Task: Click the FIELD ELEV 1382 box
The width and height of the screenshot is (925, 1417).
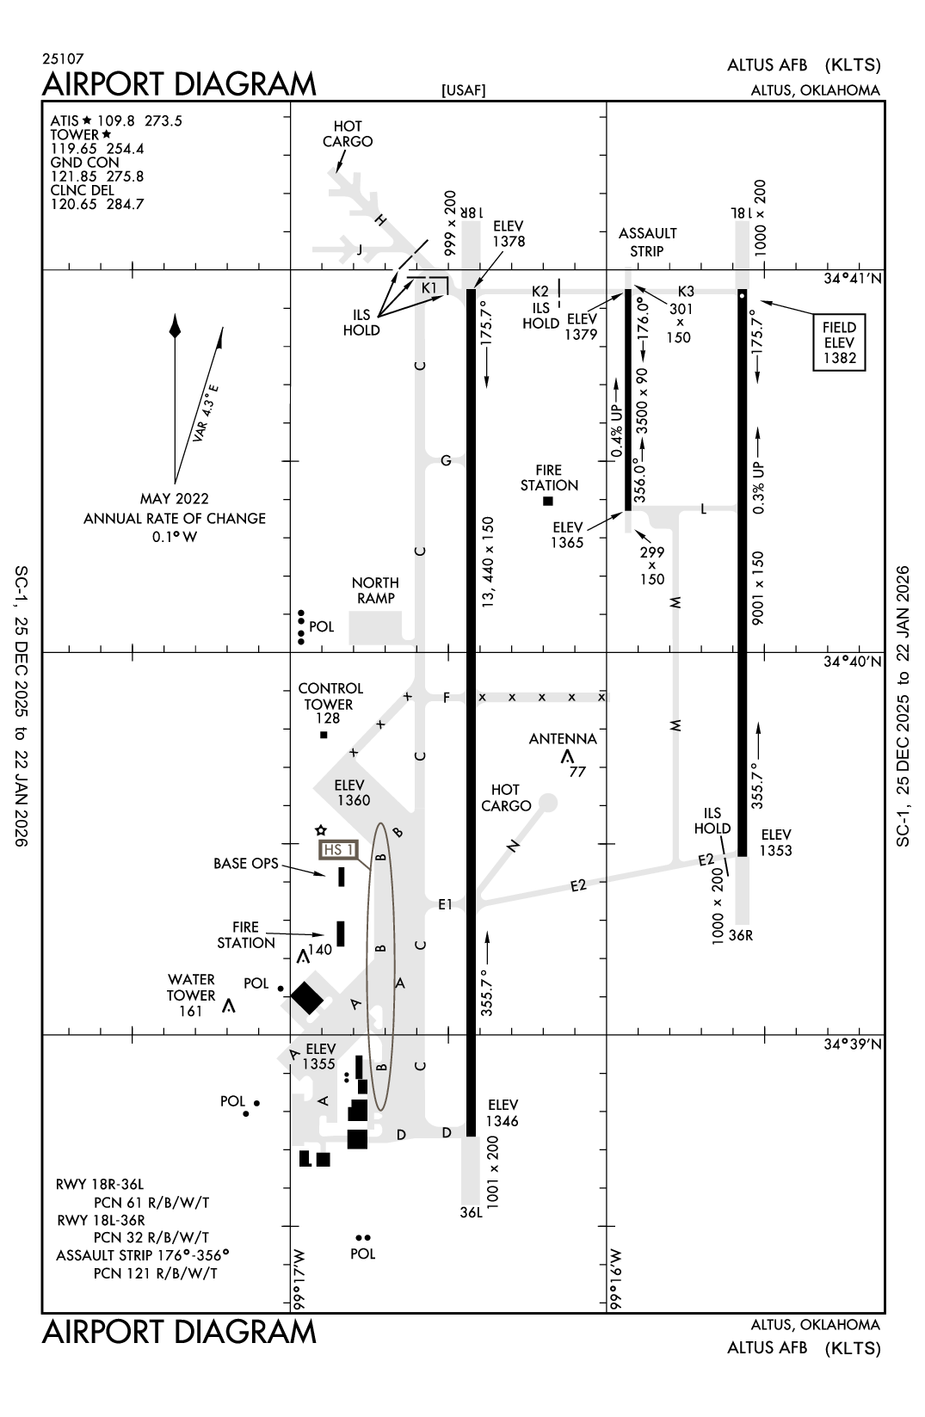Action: click(x=839, y=342)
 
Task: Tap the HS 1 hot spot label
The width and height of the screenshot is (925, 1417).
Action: click(x=337, y=850)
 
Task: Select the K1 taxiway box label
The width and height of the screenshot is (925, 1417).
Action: click(x=430, y=287)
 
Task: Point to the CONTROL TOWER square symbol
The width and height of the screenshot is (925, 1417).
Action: click(x=324, y=735)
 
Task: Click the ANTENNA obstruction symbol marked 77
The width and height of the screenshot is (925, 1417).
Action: click(x=567, y=756)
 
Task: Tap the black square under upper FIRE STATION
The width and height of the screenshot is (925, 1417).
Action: click(x=548, y=501)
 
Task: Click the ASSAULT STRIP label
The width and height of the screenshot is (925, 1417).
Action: click(x=647, y=242)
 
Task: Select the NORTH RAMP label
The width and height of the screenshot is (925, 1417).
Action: click(x=375, y=590)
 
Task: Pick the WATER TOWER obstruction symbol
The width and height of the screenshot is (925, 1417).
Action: click(x=229, y=1006)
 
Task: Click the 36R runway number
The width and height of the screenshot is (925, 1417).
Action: click(x=741, y=935)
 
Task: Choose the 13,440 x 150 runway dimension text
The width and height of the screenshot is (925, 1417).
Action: click(x=488, y=562)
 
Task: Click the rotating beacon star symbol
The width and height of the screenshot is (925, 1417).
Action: click(x=320, y=830)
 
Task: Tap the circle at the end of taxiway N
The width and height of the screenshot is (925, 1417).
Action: click(x=547, y=803)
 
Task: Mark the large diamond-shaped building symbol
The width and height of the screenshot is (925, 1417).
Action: click(x=306, y=997)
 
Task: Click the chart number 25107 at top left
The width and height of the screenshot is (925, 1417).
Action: click(x=63, y=59)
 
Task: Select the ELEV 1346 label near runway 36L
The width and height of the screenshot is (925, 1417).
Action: click(x=503, y=1112)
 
